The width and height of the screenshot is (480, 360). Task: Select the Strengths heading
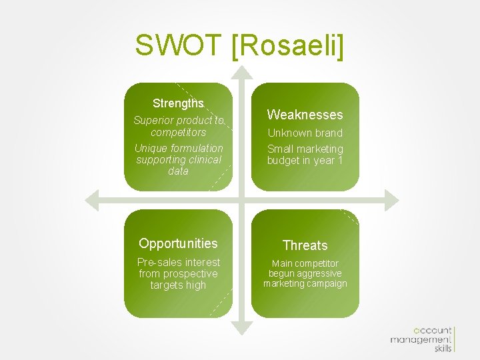pos(178,103)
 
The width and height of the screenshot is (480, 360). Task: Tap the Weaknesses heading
pos(305,115)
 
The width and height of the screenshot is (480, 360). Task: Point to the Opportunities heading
pos(178,243)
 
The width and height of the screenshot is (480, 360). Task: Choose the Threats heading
pos(305,245)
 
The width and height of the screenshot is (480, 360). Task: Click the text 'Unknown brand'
pos(305,133)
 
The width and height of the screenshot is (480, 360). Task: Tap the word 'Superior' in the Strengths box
pos(153,121)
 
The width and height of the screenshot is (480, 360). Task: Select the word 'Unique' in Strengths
pos(151,148)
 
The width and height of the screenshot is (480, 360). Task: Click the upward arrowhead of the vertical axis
pos(242,72)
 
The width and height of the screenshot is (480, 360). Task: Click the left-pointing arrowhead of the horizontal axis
pos(93,199)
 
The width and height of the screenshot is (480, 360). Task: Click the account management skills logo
pos(422,339)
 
